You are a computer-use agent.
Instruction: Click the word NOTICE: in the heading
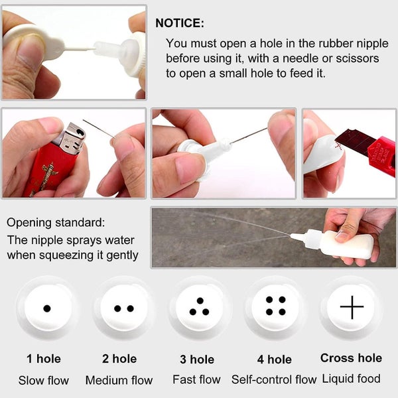click(x=180, y=23)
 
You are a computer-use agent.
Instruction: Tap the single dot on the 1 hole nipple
click(x=47, y=308)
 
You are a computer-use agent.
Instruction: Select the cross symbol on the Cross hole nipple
click(x=352, y=307)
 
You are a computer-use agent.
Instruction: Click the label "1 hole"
click(x=44, y=359)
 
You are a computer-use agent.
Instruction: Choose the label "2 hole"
click(x=119, y=359)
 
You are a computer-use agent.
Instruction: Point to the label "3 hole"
click(x=197, y=360)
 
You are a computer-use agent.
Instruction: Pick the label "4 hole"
click(x=275, y=360)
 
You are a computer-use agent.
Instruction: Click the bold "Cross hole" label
click(x=352, y=358)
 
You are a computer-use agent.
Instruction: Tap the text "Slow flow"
click(x=44, y=381)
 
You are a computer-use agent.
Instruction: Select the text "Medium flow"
click(x=119, y=380)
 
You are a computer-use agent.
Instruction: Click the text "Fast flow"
click(x=197, y=379)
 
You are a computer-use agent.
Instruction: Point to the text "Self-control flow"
click(x=274, y=379)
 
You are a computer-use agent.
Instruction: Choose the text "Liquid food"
click(x=352, y=379)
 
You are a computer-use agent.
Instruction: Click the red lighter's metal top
click(x=72, y=139)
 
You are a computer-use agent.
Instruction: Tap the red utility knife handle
click(x=381, y=155)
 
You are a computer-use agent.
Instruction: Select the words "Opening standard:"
click(x=56, y=223)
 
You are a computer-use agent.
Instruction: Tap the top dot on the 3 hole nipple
click(x=200, y=300)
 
